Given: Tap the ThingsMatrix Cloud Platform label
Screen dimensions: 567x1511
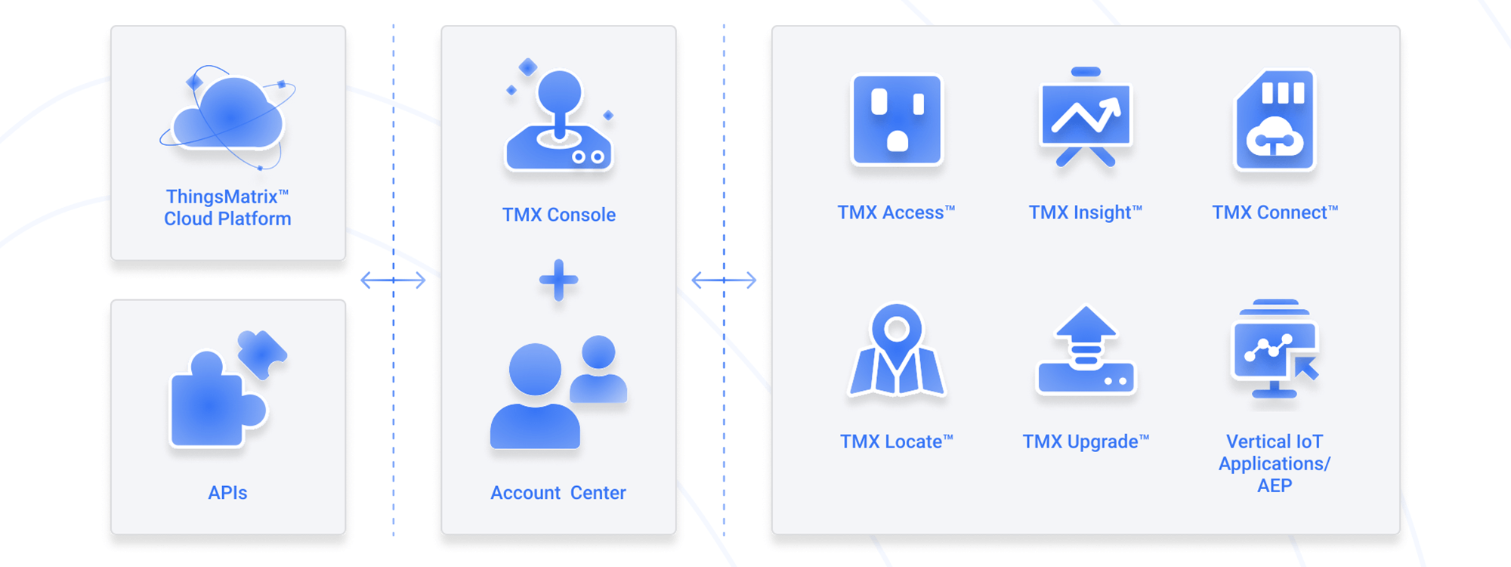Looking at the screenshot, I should [x=227, y=208].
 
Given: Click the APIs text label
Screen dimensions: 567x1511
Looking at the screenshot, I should [x=227, y=493].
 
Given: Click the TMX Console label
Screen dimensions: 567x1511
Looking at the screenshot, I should [x=559, y=215].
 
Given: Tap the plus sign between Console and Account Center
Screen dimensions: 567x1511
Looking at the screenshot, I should [x=559, y=280].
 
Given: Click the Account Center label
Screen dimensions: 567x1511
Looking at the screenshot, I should [x=558, y=493].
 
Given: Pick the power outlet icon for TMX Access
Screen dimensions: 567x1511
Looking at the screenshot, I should [x=897, y=119].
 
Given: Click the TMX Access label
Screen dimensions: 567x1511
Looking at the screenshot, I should [x=896, y=212].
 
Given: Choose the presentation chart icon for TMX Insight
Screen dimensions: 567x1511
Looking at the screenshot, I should [x=1086, y=117].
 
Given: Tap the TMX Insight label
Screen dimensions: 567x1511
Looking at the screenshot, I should [x=1085, y=212].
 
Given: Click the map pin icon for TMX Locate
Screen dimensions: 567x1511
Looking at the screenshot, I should [x=897, y=351].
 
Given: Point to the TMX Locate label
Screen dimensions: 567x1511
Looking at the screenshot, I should [x=897, y=442].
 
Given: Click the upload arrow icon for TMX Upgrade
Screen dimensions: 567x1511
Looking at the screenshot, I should [x=1086, y=352].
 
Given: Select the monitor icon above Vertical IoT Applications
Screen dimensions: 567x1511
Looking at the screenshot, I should [x=1275, y=350].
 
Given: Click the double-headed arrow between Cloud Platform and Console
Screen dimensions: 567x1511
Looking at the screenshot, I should [x=393, y=280].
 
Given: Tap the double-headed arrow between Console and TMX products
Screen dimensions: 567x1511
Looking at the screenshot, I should [x=724, y=280].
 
